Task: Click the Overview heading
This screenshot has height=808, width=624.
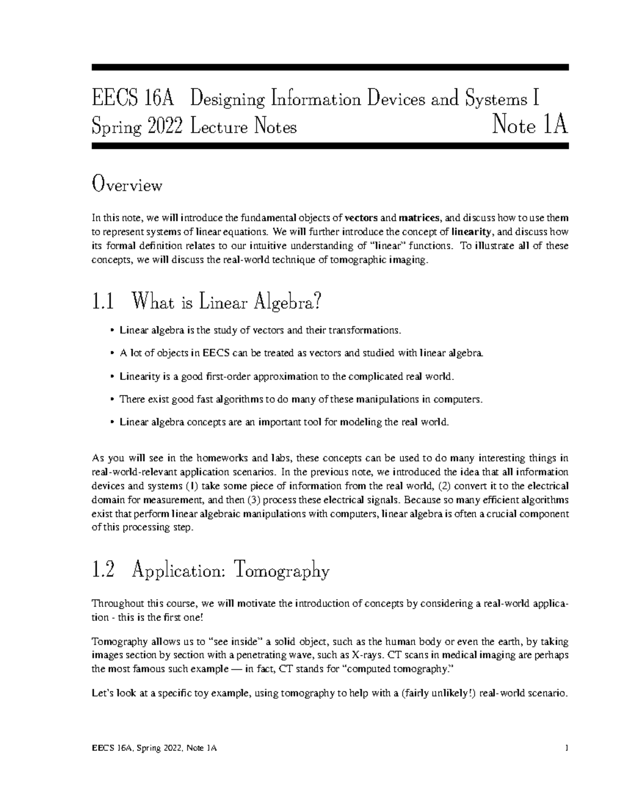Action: tap(127, 185)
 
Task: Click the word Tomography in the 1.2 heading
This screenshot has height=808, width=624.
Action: tap(282, 572)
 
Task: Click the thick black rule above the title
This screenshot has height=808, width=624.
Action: tap(330, 67)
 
